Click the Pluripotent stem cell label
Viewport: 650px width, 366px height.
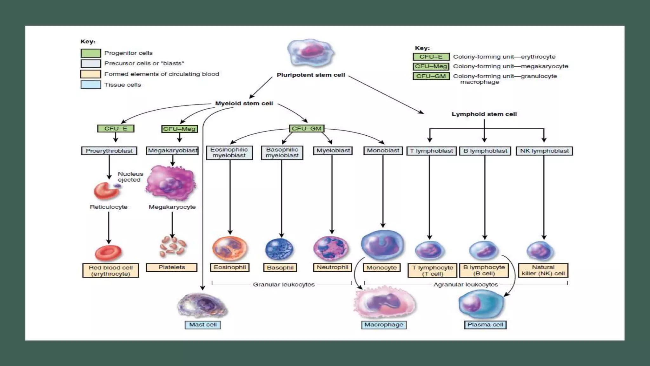click(310, 75)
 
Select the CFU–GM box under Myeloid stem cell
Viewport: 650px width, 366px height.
click(307, 128)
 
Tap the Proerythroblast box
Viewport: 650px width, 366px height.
click(109, 151)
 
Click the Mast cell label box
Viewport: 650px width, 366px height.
click(202, 325)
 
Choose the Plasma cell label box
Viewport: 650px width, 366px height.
click(485, 325)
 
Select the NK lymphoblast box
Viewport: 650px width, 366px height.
click(544, 151)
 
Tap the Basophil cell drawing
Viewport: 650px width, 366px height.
click(279, 249)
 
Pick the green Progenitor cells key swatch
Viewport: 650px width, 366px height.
click(91, 53)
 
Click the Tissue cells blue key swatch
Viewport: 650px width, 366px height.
click(91, 85)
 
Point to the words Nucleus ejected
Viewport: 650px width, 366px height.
click(130, 177)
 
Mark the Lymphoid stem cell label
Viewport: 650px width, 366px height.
click(484, 114)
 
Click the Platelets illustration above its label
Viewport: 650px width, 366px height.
click(172, 247)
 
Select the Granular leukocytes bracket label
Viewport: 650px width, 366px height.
click(283, 285)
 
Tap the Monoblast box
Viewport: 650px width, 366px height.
click(383, 151)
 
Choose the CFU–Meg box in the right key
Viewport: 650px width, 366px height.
click(431, 66)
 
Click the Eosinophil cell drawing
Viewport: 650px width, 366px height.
click(229, 249)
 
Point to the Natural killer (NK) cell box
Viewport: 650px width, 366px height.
click(543, 270)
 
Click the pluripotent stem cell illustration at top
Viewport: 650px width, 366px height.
click(310, 53)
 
